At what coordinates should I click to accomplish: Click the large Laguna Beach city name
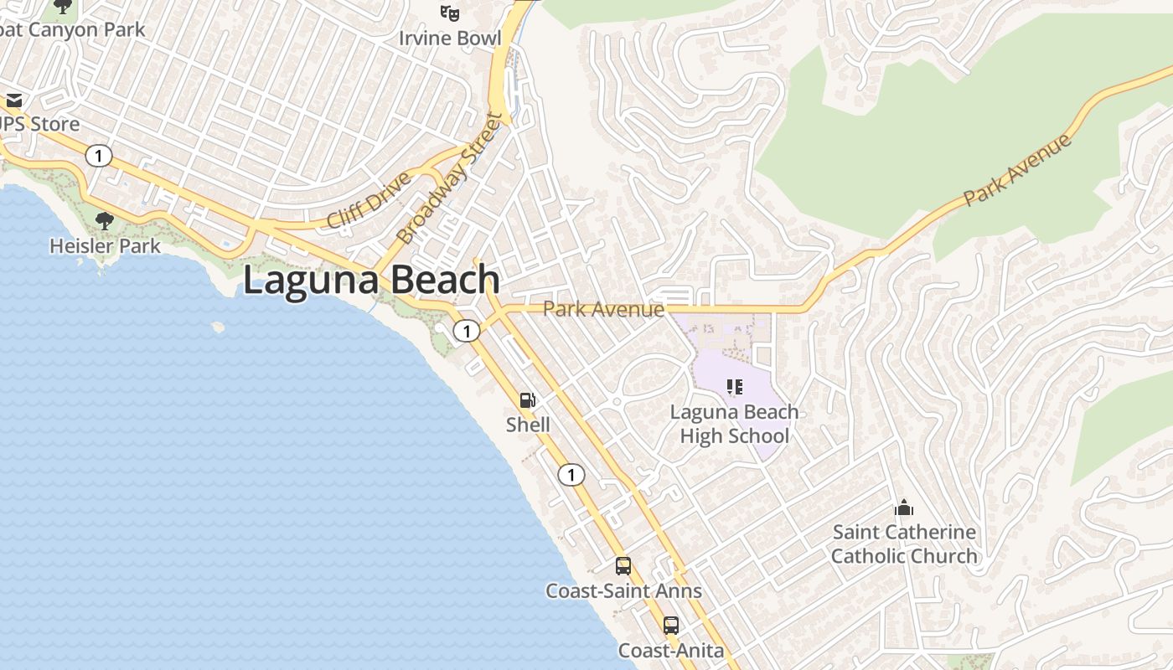[371, 280]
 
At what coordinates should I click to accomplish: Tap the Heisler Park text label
[104, 246]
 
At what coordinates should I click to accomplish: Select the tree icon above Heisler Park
[105, 221]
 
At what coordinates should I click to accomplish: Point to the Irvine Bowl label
[450, 39]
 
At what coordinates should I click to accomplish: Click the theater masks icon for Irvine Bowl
[450, 13]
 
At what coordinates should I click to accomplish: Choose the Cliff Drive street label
[369, 200]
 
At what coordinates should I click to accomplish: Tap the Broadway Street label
[452, 179]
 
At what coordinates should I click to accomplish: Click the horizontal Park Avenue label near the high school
[603, 309]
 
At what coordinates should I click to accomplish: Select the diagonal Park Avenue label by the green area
[1017, 171]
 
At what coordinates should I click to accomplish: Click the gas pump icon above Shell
[528, 401]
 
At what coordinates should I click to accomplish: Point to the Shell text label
[528, 425]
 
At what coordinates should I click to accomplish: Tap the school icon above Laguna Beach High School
[735, 387]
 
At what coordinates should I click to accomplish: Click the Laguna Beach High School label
[735, 424]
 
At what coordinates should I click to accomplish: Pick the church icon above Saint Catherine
[903, 508]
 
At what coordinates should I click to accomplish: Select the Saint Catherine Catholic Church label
[904, 544]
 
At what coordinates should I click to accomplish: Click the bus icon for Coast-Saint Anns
[623, 566]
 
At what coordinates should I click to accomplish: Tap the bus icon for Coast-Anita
[671, 626]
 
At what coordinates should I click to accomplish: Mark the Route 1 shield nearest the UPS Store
[99, 156]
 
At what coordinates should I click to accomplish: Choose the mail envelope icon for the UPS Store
[14, 100]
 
